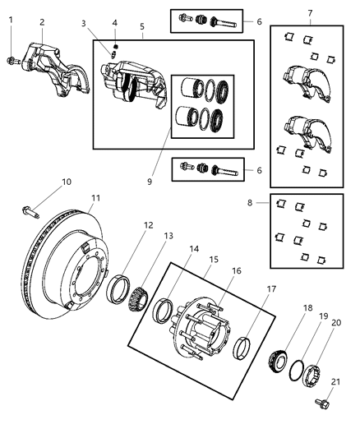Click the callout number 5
coord(142,26)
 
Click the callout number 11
coord(95,197)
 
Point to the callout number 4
coord(115,23)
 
